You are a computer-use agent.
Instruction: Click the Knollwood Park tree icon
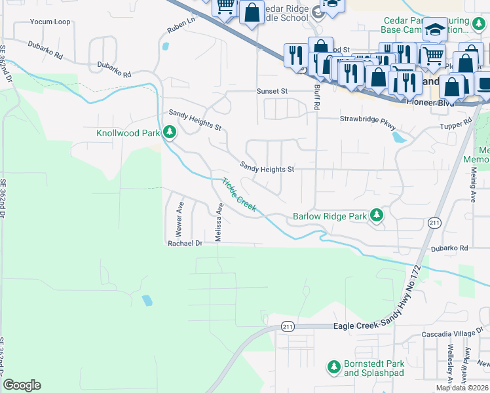[170, 133]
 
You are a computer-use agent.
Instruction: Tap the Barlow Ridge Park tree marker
[376, 215]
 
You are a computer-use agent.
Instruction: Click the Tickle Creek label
[238, 195]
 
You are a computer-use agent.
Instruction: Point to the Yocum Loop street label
[50, 22]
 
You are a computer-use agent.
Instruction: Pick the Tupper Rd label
[456, 124]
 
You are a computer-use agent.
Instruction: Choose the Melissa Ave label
[220, 222]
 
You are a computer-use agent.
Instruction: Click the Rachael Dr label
[183, 242]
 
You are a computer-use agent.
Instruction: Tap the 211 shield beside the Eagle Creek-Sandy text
[288, 326]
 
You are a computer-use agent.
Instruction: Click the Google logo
[22, 385]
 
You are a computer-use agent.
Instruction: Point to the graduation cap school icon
[434, 29]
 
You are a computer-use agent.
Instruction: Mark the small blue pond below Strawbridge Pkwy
[398, 138]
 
